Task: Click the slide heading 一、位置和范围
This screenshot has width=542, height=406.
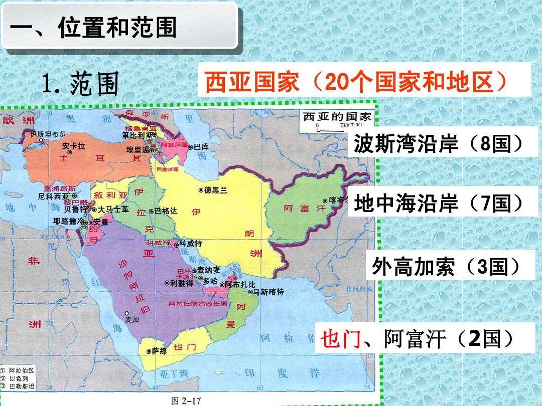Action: (93, 27)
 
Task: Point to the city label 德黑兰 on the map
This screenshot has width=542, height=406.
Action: (216, 190)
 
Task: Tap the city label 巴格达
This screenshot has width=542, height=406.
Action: (166, 211)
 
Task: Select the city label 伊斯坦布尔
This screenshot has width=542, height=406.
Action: (48, 134)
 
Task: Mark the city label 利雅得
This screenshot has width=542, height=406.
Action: (182, 283)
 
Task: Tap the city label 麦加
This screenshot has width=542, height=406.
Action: (131, 319)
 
